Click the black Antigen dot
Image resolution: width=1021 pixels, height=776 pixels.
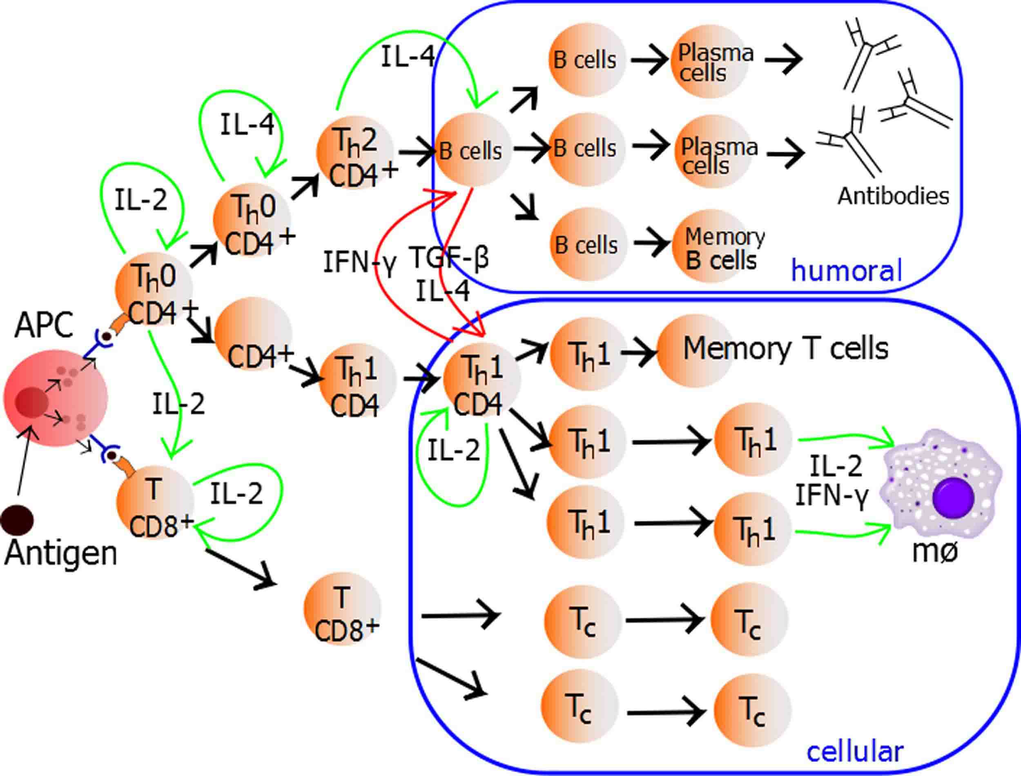[17, 519]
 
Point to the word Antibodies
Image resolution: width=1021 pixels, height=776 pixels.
[894, 196]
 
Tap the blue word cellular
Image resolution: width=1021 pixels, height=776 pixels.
[855, 752]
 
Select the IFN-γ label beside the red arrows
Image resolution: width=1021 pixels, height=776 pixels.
[359, 262]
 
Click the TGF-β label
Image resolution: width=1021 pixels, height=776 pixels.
[448, 257]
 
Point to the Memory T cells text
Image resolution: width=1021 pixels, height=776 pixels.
[785, 348]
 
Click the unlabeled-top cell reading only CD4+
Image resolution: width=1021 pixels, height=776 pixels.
[254, 336]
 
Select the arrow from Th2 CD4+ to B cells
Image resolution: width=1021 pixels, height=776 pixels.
[416, 151]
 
